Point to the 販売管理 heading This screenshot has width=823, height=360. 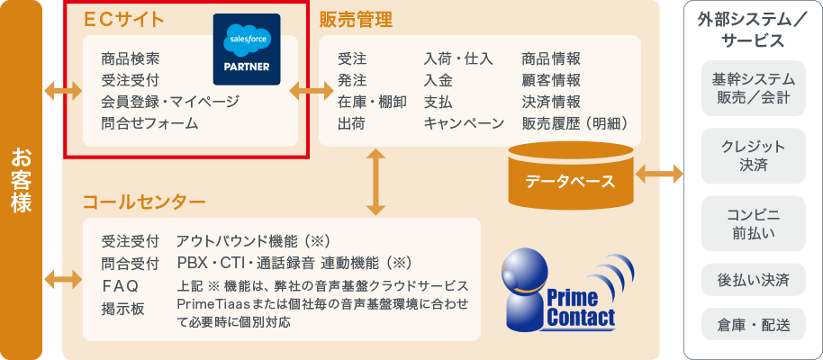point(356,18)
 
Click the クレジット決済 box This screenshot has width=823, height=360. point(753,156)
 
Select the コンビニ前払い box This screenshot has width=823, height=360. point(753,224)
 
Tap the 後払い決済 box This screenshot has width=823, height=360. point(753,280)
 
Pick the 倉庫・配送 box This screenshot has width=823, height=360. point(753,324)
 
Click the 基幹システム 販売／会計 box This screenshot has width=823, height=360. point(753,88)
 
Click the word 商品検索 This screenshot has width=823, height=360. point(131,58)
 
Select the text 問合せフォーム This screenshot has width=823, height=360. point(149,123)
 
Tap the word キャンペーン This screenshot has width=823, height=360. point(464,123)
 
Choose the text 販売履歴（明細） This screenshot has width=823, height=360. point(574,123)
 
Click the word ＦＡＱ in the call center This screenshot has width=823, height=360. point(120,286)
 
